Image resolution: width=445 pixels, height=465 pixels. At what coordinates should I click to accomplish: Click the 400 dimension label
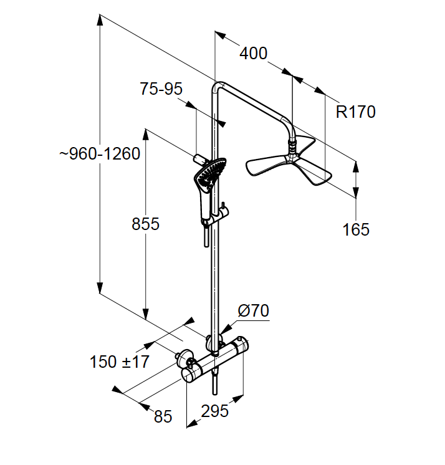[254, 54]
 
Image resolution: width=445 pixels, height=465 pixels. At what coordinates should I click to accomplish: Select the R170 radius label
[356, 112]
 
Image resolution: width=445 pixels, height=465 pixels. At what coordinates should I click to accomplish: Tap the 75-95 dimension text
[161, 89]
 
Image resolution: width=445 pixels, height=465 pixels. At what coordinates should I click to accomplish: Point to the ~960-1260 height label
[100, 154]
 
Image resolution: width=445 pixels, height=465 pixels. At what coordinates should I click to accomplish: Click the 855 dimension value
[145, 224]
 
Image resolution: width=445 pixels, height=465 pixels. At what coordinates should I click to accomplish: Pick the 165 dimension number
[356, 229]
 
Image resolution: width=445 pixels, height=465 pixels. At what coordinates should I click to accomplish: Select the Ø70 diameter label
[253, 310]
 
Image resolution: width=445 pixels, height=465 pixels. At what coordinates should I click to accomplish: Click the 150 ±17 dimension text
[120, 361]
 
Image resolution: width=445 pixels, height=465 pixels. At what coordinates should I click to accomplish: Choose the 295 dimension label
[214, 411]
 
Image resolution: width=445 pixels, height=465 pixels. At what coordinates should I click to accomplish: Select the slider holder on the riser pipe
[219, 216]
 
